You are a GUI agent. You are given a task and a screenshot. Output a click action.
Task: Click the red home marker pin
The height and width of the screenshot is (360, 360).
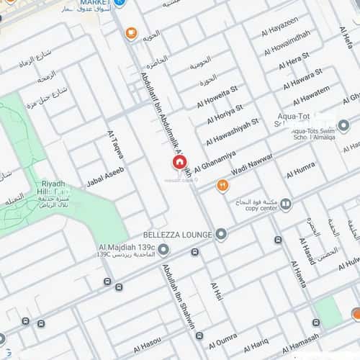coord(179,163)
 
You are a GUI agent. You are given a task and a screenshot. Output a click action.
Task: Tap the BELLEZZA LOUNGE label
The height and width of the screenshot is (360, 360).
coord(178,235)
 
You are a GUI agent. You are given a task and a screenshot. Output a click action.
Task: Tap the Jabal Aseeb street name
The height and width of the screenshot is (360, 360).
coord(105,176)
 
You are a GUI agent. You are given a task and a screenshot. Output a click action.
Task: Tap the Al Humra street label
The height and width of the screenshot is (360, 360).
coord(300,170)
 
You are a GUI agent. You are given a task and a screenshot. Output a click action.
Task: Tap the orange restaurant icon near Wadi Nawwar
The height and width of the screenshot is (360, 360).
coord(222,186)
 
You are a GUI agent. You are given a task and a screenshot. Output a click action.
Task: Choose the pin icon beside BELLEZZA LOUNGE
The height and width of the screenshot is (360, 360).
coord(221,235)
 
